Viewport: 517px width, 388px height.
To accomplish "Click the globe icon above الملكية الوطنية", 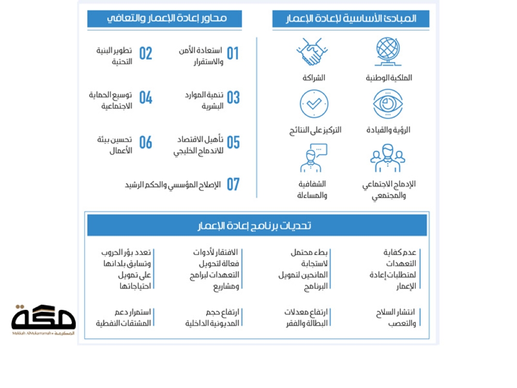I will (x=388, y=52).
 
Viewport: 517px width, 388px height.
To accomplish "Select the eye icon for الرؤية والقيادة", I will (x=388, y=104).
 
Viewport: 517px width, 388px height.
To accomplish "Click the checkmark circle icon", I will (x=314, y=104).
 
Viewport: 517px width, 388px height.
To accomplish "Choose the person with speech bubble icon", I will (x=314, y=158).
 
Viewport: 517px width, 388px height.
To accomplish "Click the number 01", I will (x=233, y=54).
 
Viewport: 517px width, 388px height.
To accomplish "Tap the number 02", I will (x=146, y=54).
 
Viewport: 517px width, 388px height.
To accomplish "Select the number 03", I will (x=233, y=98).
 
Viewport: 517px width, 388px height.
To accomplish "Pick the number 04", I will (x=146, y=98).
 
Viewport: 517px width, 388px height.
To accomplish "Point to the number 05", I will (x=233, y=142).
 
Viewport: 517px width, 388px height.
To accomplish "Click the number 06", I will (x=146, y=142).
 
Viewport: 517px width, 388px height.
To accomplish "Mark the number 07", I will (x=233, y=184).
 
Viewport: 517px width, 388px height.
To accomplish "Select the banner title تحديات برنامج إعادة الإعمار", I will (x=257, y=226).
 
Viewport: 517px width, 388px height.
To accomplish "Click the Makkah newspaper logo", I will (x=43, y=319).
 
